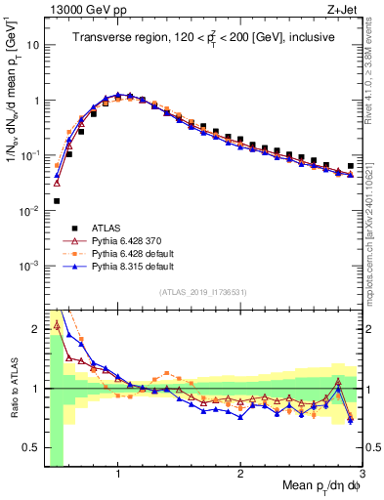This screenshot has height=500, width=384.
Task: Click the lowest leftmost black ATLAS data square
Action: pyautogui.click(x=57, y=201)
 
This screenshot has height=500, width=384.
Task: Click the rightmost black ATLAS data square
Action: pyautogui.click(x=351, y=166)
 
